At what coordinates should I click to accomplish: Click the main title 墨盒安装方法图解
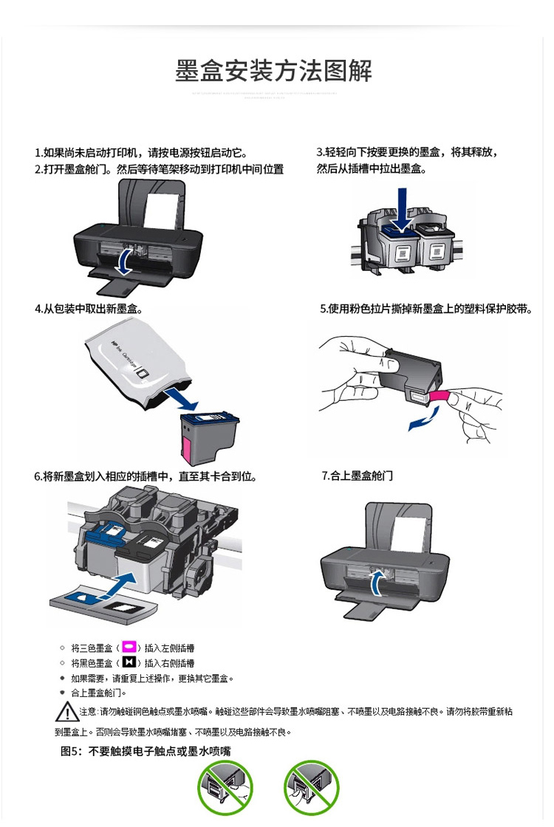pos(273,71)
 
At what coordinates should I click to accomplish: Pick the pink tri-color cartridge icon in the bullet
pos(130,648)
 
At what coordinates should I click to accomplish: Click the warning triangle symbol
pos(66,713)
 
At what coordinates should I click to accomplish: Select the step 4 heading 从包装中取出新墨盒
pos(88,309)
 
